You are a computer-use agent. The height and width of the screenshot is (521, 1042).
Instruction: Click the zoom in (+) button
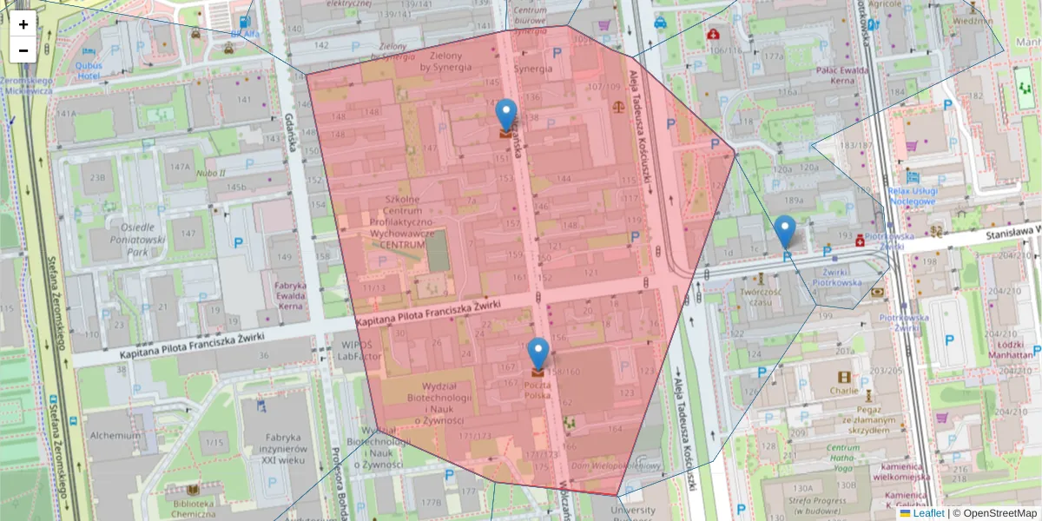[x=23, y=24]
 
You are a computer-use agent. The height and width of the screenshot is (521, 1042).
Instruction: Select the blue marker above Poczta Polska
[x=538, y=353]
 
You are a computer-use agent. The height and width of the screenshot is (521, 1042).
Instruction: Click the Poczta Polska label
[x=537, y=389]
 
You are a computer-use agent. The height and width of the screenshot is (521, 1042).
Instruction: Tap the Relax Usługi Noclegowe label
[x=911, y=195]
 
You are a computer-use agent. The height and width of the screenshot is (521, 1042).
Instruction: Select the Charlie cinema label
[x=844, y=391]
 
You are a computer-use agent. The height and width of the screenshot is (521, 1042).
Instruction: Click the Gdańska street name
[x=293, y=135]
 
